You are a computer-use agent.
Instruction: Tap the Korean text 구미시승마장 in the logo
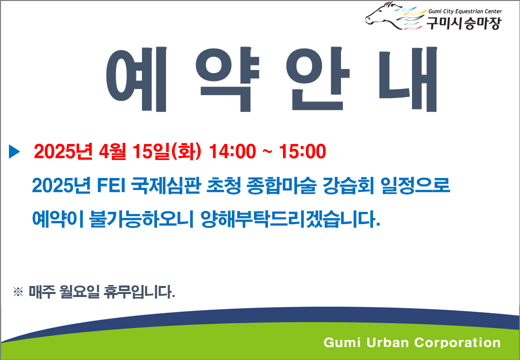(462, 23)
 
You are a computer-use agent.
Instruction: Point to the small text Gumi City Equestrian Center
(465, 11)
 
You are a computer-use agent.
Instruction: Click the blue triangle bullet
(14, 151)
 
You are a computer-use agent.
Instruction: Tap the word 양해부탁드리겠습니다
(290, 218)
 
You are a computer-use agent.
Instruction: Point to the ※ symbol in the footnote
(18, 291)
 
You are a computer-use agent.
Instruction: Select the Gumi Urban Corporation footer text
(412, 342)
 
